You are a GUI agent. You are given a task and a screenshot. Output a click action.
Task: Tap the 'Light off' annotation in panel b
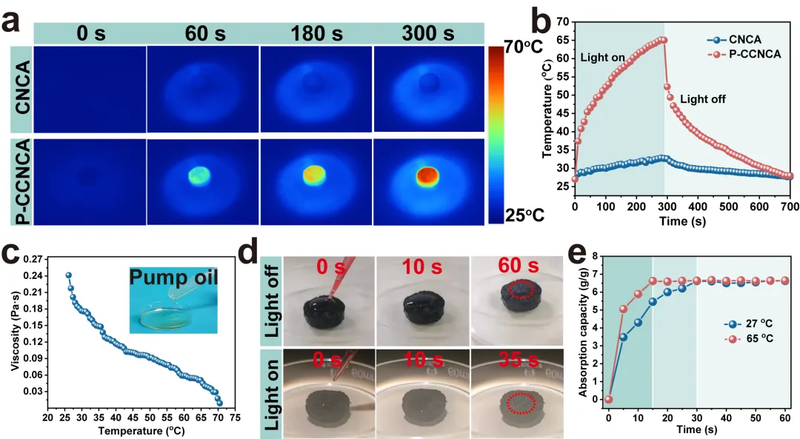point(703,98)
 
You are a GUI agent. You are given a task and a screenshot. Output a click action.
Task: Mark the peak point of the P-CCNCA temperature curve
point(664,40)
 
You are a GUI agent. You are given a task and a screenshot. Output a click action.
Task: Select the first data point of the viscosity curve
point(69,275)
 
